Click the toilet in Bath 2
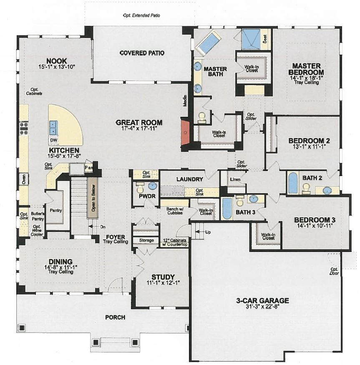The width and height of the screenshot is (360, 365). click(307, 189)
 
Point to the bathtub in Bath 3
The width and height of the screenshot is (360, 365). click(227, 208)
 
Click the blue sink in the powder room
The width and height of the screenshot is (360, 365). click(153, 186)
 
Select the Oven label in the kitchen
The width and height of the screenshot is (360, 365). click(23, 180)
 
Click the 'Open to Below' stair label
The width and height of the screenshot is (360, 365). click(94, 201)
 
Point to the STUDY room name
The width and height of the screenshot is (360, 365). click(163, 277)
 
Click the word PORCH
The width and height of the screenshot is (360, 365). click(115, 317)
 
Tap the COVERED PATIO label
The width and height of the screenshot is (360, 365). click(142, 53)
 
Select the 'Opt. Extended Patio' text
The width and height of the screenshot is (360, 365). click(141, 15)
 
